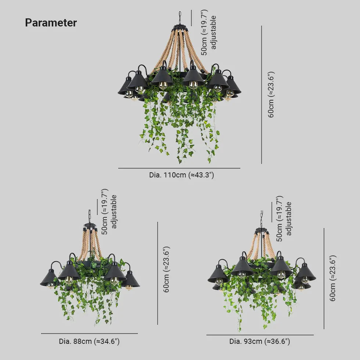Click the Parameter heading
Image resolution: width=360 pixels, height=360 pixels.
pyautogui.click(x=51, y=23)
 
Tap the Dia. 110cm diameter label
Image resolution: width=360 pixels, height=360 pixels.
pyautogui.click(x=181, y=175)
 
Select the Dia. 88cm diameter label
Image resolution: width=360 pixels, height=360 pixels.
pyautogui.click(x=89, y=341)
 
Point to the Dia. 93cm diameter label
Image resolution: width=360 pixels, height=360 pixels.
pyautogui.click(x=259, y=341)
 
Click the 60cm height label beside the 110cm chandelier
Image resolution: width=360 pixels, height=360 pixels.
pyautogui.click(x=271, y=95)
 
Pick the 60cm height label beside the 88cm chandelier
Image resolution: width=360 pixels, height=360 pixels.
pyautogui.click(x=166, y=269)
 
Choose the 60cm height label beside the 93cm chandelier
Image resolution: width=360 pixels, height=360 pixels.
pyautogui.click(x=333, y=278)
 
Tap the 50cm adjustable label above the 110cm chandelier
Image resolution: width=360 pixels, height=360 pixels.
pyautogui.click(x=209, y=32)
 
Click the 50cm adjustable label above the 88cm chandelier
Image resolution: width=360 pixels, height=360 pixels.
pyautogui.click(x=109, y=212)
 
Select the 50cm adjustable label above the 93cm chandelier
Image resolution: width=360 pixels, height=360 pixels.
pyautogui.click(x=283, y=219)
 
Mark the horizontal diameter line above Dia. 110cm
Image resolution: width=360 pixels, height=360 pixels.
pyautogui.click(x=179, y=168)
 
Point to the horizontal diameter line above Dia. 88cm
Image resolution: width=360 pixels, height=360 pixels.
pyautogui.click(x=89, y=334)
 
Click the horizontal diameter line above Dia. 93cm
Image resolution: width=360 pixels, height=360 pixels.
pyautogui.click(x=260, y=335)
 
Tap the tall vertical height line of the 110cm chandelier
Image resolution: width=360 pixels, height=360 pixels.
pyautogui.click(x=262, y=95)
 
